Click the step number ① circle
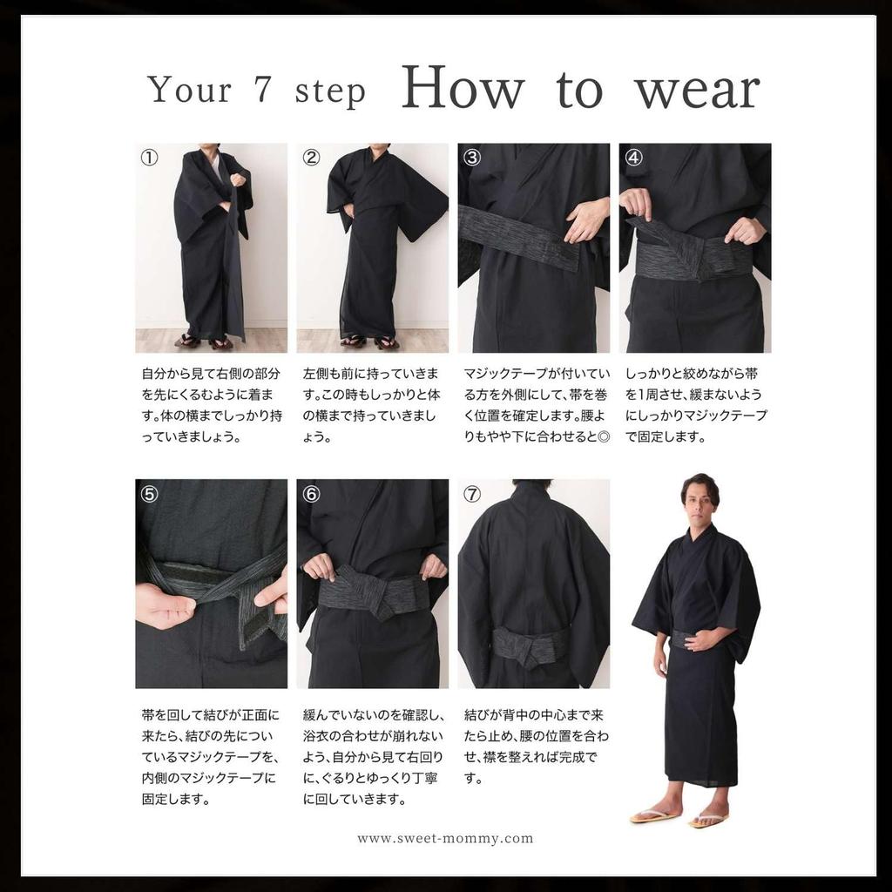150,158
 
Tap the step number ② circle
311,158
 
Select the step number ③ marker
472,158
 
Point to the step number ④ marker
633,158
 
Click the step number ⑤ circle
150,494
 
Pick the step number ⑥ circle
311,494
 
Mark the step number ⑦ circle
472,494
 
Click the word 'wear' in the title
697,90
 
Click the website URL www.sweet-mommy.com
445,839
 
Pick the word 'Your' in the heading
190,90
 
